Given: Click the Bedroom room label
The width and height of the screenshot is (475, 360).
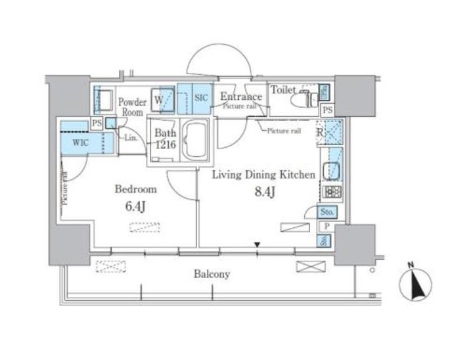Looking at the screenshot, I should tap(136, 190).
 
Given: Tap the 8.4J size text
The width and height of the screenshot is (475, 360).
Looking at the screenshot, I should tap(264, 193).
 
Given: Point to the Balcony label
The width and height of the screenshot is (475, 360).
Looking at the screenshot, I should tap(212, 275).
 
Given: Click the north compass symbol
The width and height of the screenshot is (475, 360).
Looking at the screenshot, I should tap(415, 284).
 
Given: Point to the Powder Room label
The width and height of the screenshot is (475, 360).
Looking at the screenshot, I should tap(132, 107).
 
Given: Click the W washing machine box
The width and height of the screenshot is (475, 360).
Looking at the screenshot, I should tap(163, 101).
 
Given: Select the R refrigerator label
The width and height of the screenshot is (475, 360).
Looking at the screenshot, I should tap(321, 131).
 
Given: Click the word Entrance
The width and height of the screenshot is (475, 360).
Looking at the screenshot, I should tap(240, 97).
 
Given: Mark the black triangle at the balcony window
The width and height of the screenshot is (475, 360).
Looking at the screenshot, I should tap(258, 246).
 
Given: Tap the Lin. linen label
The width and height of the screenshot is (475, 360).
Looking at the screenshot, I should tap(131, 137).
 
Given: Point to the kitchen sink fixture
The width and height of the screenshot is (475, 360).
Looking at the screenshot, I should tap(332, 168).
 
